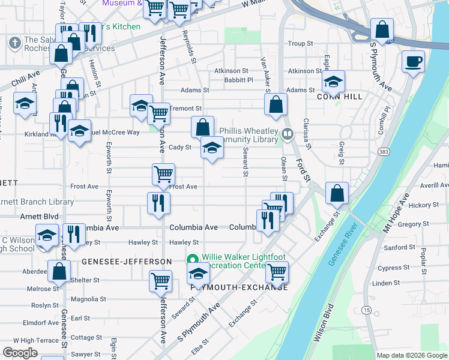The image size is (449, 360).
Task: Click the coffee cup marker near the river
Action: click(x=413, y=61)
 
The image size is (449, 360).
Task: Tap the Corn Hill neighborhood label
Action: click(x=333, y=96)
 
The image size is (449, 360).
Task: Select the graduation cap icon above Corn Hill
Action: click(x=333, y=82)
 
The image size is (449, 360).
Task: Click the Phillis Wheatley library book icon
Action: click(x=288, y=134)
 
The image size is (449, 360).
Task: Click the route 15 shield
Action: click(x=367, y=310)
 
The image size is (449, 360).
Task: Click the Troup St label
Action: click(x=301, y=44)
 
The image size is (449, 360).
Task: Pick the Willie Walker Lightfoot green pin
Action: click(x=193, y=260)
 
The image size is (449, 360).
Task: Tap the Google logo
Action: click(x=20, y=353)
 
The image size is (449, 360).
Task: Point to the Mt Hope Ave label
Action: click(x=396, y=214)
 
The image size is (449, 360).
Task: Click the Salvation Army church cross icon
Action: click(x=15, y=43)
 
